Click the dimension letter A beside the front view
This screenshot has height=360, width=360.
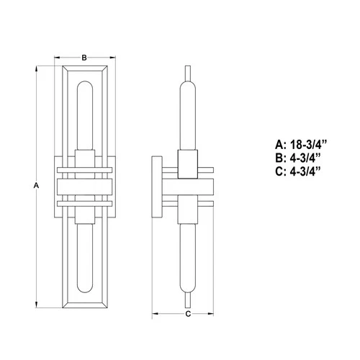[x=36, y=186]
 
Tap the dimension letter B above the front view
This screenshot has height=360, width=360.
[x=84, y=58]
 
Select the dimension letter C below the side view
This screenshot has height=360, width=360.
[x=188, y=314]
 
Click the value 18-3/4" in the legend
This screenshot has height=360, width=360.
[x=309, y=145]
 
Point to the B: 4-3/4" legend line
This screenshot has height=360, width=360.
[x=298, y=158]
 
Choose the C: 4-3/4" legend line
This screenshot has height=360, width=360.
[x=298, y=171]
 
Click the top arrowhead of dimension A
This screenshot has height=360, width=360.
[x=37, y=69]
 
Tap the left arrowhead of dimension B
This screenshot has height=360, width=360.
[x=58, y=58]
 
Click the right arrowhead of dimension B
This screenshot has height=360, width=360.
[x=112, y=58]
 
